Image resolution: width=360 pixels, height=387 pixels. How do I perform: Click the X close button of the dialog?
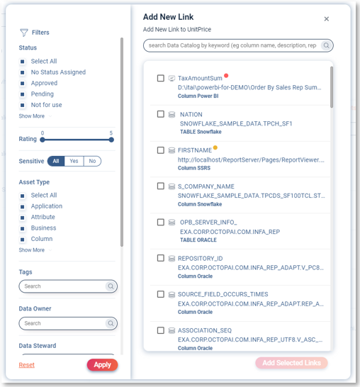327,19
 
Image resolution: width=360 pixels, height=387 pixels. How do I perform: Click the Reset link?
27,365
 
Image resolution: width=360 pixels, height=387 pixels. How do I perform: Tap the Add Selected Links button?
291,363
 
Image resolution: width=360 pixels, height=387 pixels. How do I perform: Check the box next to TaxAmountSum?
161,78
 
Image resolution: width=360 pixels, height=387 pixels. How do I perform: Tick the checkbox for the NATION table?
161,114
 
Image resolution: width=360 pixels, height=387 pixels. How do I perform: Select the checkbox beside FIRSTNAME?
161,150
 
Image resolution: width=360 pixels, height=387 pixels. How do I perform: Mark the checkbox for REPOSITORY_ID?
161,258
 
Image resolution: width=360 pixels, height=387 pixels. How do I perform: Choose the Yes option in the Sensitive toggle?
74,161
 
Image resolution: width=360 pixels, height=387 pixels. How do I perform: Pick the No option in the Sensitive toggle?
92,161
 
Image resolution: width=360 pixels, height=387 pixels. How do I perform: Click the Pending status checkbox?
23,94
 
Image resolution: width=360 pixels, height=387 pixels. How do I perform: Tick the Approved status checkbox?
23,84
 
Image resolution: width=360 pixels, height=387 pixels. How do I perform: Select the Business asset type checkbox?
23,228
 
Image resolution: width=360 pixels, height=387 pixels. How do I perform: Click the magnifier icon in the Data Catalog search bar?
326,45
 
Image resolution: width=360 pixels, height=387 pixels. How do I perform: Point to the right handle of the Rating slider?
111,140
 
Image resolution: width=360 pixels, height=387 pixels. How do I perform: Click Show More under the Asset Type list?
32,250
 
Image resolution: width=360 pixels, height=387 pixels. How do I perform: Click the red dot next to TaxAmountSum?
226,76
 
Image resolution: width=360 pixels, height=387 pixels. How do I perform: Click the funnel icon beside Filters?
24,33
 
